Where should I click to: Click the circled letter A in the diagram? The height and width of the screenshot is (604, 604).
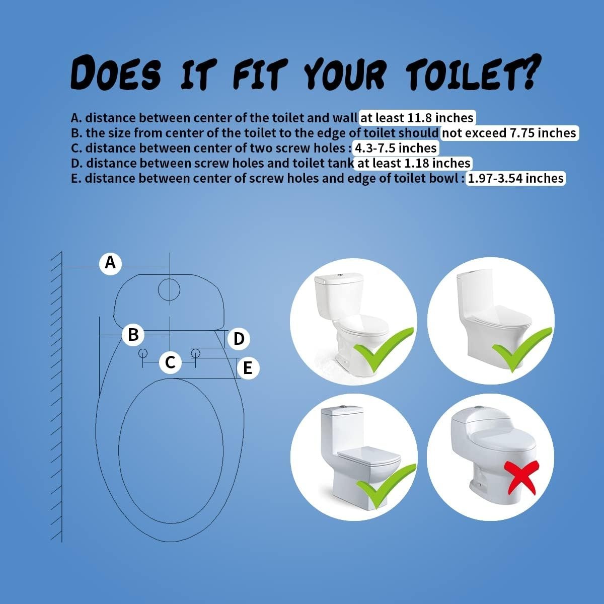tap(110, 262)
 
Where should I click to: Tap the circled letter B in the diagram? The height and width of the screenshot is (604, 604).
tap(133, 334)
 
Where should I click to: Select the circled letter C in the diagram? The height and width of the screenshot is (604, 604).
tap(170, 361)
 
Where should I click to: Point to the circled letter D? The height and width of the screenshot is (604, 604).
tap(239, 339)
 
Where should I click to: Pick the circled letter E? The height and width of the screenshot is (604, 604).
tap(247, 368)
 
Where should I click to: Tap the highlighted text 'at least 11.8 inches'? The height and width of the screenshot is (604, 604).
tap(417, 118)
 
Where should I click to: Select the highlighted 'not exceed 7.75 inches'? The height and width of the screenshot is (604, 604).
tap(509, 133)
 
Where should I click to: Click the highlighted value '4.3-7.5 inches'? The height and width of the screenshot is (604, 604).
tap(396, 148)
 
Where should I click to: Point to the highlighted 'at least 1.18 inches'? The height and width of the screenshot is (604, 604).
tap(413, 163)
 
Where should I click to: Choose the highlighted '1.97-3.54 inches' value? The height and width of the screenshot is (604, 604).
tap(515, 178)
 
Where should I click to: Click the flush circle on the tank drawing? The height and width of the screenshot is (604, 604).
tap(169, 289)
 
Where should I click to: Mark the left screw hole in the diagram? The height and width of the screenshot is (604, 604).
tap(142, 352)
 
